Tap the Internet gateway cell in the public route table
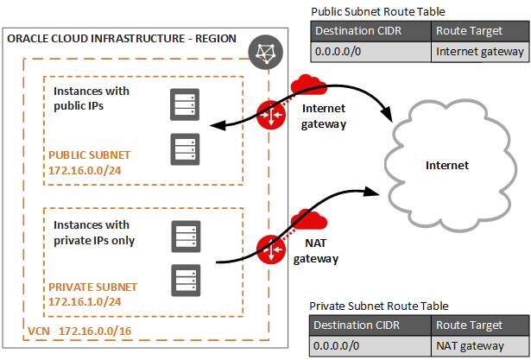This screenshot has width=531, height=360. [479, 52]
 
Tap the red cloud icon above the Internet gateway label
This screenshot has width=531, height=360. [308, 85]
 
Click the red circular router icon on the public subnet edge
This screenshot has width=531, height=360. [272, 114]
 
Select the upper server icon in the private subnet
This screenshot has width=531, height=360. [184, 234]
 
